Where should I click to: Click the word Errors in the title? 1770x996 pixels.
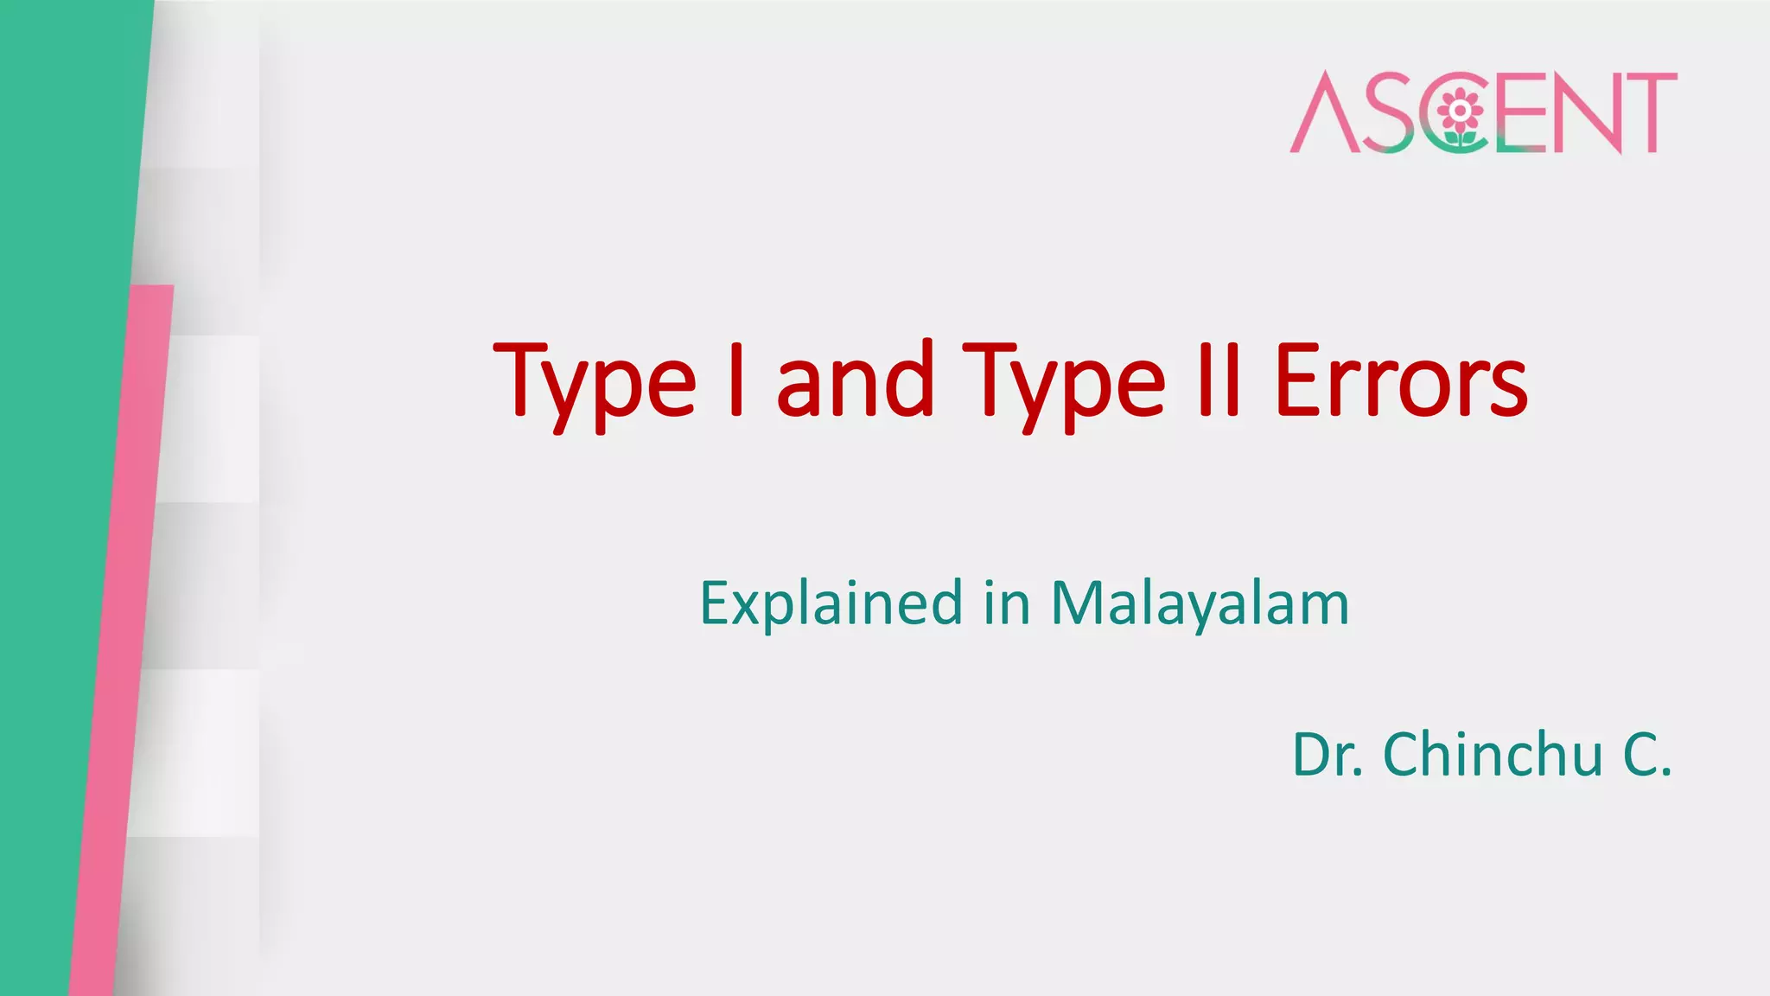[x=1400, y=380]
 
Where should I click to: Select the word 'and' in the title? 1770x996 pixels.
[x=855, y=380]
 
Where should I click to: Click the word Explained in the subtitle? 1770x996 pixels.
[x=831, y=603]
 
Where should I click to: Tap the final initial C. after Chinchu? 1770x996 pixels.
[x=1647, y=755]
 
